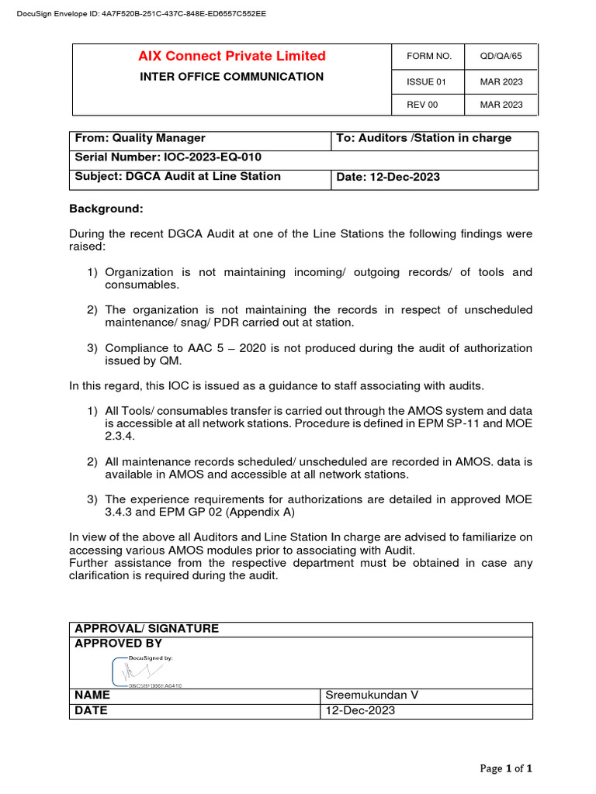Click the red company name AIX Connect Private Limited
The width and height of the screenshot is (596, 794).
pos(232,56)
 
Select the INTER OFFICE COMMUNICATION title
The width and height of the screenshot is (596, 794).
pos(231,77)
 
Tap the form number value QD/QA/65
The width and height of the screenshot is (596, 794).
pos(501,57)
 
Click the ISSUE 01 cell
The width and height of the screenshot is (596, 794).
pos(427,81)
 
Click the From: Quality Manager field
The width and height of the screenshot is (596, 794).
pos(140,138)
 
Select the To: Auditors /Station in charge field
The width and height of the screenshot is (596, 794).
pos(424,138)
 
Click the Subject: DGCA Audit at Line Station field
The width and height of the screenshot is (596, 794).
pos(178,177)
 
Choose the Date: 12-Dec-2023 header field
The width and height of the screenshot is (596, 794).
pos(388,178)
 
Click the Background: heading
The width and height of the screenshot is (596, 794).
pos(106,209)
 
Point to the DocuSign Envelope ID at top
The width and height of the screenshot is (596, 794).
pos(136,14)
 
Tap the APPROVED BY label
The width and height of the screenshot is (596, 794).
pos(119,644)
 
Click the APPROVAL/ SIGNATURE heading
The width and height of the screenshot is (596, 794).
pos(147,629)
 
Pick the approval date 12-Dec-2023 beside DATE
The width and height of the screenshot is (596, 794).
pos(360,711)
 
